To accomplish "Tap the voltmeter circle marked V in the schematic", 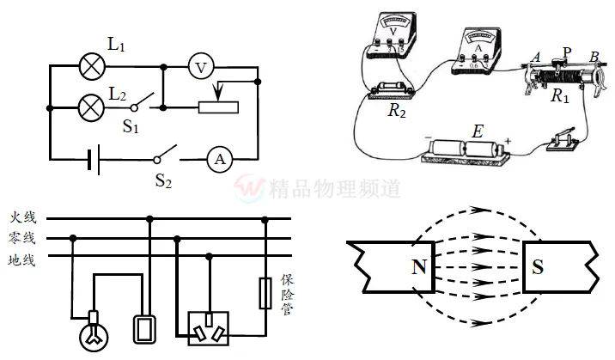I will [x=200, y=65].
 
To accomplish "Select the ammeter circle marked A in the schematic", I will [x=220, y=159].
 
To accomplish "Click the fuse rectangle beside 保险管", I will [x=265, y=293].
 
